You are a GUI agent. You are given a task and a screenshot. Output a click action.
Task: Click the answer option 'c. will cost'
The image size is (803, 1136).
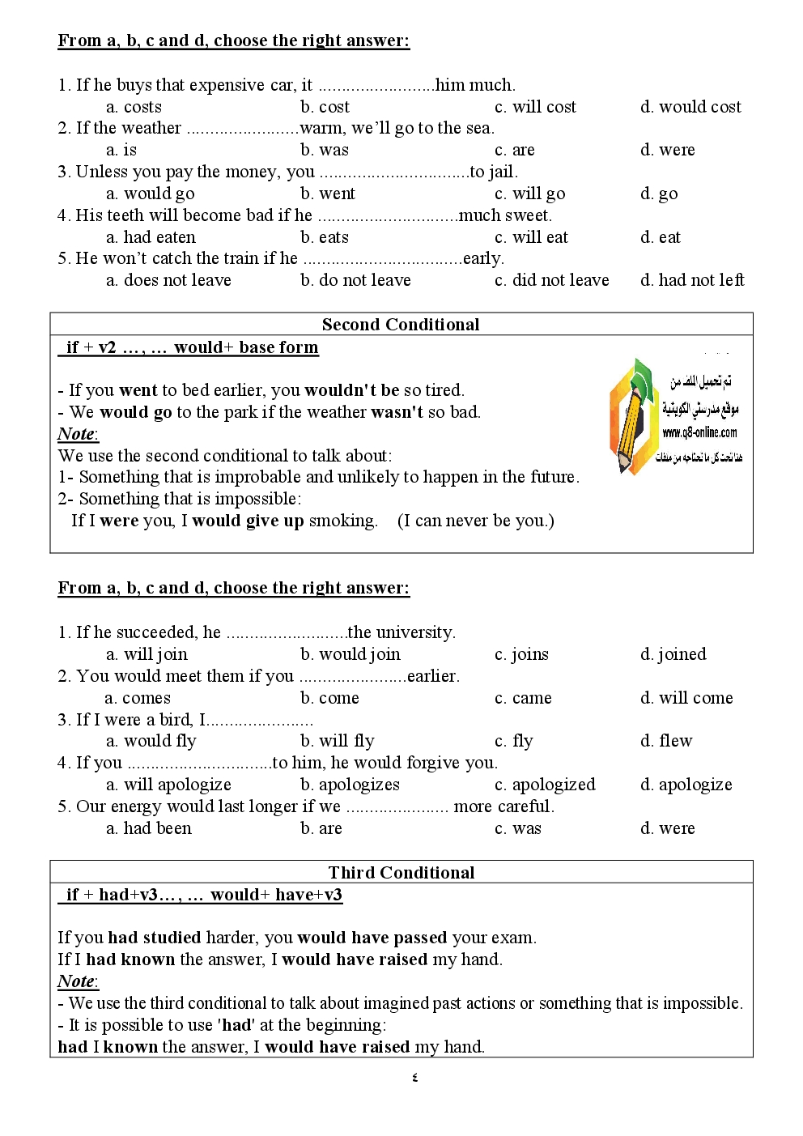[x=535, y=107]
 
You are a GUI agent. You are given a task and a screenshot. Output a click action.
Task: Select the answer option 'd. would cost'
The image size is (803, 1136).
[x=690, y=107]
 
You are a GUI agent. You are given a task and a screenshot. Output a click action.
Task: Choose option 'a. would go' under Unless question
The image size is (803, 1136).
[x=151, y=194]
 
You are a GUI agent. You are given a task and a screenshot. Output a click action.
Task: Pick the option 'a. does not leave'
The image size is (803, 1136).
[x=168, y=280]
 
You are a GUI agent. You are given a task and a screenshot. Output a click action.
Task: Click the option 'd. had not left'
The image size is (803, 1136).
[x=692, y=280]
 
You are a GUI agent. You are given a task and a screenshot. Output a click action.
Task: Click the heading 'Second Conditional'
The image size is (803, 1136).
[x=401, y=325]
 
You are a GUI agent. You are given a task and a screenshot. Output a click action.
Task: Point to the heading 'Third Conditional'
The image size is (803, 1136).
[x=401, y=872]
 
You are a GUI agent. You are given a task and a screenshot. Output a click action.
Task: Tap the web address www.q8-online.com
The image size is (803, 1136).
[x=699, y=432]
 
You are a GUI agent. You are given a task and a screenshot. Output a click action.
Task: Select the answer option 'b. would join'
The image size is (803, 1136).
[x=350, y=654]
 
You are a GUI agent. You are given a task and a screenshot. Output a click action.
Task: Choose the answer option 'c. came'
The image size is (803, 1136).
[x=523, y=698]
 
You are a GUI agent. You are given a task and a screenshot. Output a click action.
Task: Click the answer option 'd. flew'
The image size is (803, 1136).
[x=666, y=741]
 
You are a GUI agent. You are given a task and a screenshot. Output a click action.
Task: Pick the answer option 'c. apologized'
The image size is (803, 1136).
[x=545, y=785]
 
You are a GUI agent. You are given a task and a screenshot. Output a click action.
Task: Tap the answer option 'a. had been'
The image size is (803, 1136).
[x=149, y=828]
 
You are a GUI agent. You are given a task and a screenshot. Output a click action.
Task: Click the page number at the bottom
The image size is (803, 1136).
[x=415, y=1078]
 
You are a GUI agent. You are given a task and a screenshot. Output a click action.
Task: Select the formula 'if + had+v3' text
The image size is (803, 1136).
[x=121, y=895]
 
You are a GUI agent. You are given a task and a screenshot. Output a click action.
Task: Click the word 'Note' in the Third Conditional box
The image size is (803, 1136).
[x=76, y=981]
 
